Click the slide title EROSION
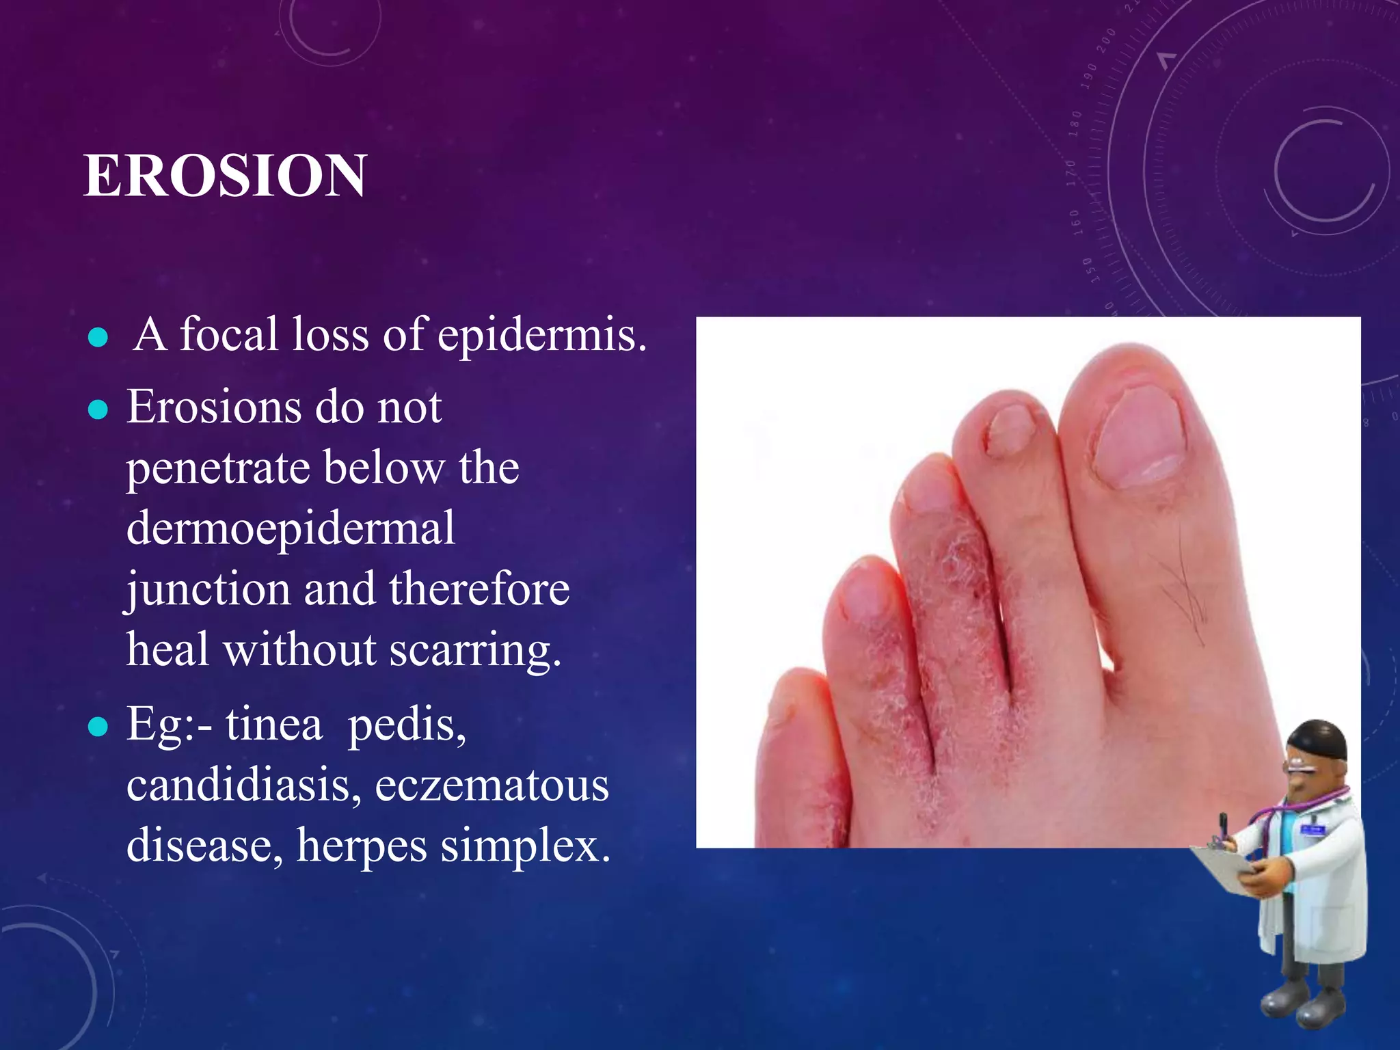click(x=225, y=176)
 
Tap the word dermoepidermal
click(x=291, y=528)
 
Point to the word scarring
click(x=475, y=649)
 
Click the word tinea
click(x=273, y=724)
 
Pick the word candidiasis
click(x=243, y=785)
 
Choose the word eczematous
click(x=492, y=785)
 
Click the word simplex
click(x=524, y=846)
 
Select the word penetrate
click(x=217, y=468)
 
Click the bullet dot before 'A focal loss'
click(x=98, y=337)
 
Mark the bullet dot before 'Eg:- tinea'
click(x=98, y=727)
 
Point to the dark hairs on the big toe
click(x=1186, y=588)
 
